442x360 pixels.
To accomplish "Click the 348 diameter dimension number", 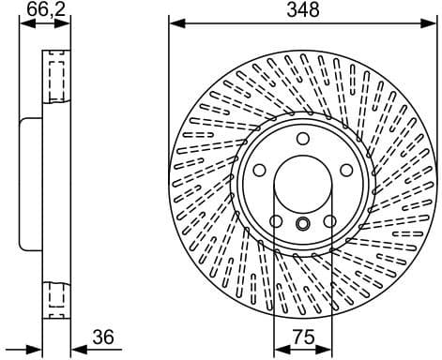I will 304,10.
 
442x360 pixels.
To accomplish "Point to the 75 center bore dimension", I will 303,337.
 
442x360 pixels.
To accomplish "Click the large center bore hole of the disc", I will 303,184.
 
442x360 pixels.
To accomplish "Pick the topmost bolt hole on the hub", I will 303,139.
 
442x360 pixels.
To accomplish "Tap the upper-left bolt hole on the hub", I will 260,170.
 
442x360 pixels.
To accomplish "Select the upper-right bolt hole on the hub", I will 346,170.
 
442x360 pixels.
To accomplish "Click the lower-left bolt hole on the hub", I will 276,221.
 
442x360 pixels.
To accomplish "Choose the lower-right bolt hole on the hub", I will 330,221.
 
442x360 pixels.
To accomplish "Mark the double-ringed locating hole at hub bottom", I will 303,224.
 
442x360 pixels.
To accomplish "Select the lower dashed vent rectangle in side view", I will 55,296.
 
